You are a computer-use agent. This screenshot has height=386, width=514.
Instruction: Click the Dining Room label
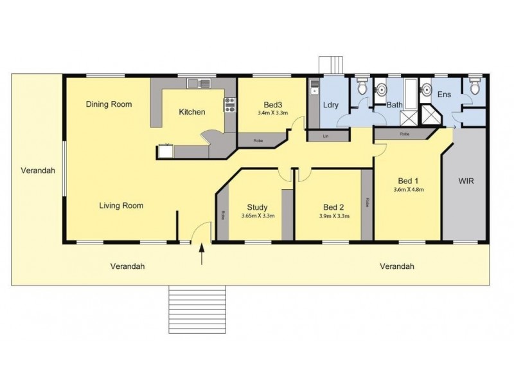click(109, 104)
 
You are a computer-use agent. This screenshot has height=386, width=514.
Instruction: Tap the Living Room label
click(121, 206)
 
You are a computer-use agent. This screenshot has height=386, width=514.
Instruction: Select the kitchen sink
click(199, 82)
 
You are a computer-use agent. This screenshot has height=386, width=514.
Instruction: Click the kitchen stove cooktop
click(229, 104)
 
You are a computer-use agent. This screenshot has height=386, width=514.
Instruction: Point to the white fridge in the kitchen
click(165, 152)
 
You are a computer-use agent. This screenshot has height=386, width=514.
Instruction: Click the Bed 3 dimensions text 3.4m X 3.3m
click(272, 113)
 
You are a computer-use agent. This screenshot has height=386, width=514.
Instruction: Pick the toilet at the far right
click(474, 87)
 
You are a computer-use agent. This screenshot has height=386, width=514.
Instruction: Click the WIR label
click(466, 181)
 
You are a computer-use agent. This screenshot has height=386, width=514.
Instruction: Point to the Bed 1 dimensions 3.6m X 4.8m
click(409, 190)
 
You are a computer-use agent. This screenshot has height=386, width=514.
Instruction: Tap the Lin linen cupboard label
click(326, 136)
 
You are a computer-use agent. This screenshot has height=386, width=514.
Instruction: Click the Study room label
click(258, 207)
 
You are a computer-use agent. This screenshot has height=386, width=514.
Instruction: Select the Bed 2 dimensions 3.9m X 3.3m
click(334, 216)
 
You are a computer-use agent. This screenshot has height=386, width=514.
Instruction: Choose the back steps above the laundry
click(329, 65)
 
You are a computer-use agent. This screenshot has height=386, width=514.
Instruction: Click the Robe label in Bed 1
click(405, 134)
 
